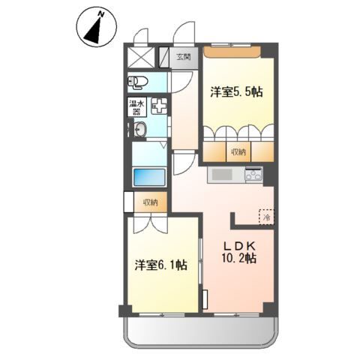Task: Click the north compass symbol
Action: [97, 28]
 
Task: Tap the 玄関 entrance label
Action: [184, 57]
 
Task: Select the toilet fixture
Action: [138, 82]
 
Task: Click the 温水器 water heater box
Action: [134, 107]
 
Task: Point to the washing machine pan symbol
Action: [159, 106]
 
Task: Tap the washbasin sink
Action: [139, 129]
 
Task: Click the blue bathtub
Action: [149, 177]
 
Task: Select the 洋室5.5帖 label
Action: [236, 91]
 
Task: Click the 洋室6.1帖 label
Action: [161, 265]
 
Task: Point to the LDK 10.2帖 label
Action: [239, 253]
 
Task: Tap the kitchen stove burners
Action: [253, 173]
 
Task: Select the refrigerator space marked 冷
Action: [266, 217]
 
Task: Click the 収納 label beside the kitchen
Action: [238, 151]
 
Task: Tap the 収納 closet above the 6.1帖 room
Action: [150, 202]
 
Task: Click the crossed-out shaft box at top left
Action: [142, 57]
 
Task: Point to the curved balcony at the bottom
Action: [201, 333]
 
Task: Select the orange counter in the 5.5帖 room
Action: [232, 52]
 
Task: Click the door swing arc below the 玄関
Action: [183, 82]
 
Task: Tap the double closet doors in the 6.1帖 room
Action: [151, 225]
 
